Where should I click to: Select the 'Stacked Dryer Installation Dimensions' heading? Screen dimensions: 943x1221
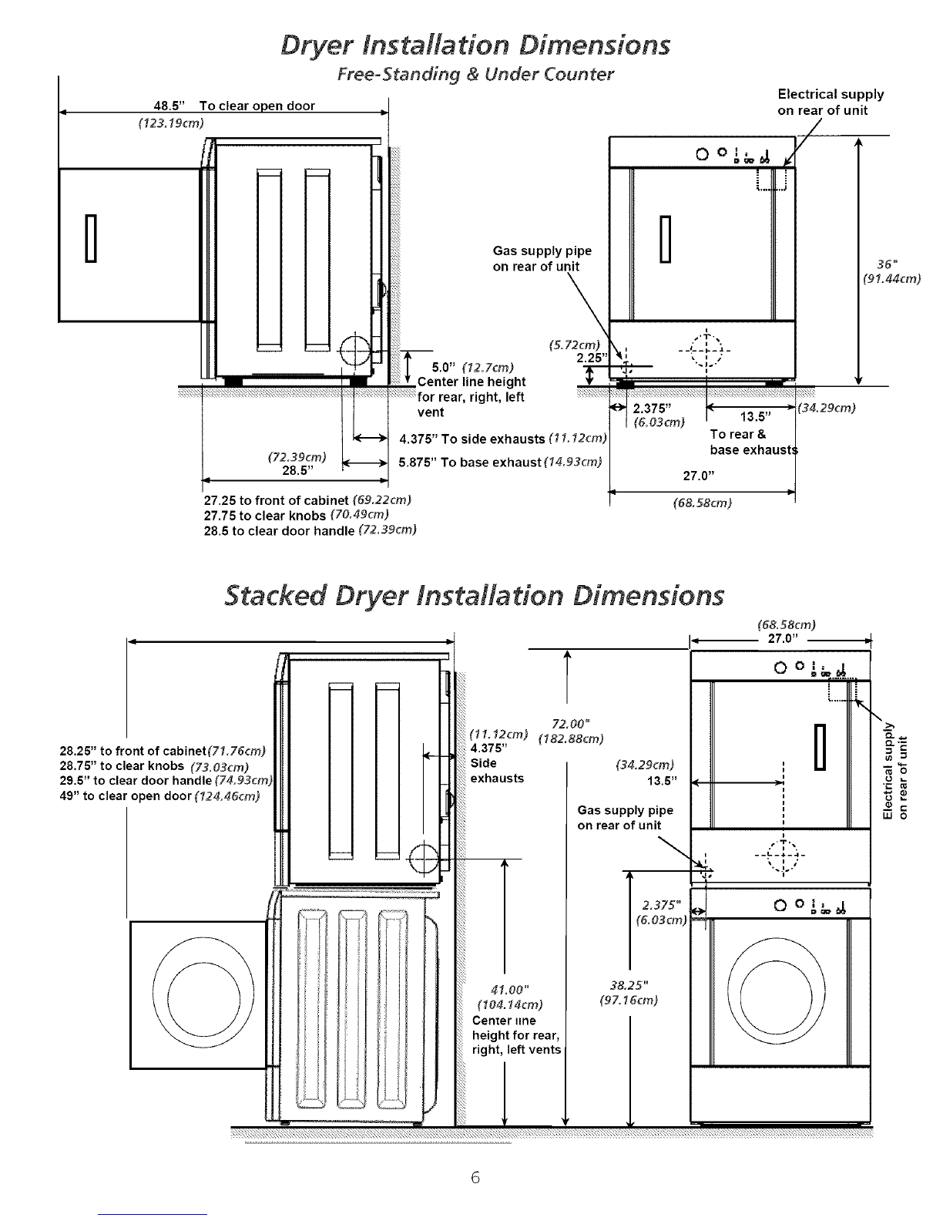pos(474,596)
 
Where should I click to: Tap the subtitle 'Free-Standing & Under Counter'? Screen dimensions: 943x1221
pos(475,74)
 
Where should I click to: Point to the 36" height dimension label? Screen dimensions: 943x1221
pos(887,264)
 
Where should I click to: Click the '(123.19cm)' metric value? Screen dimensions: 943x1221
pos(171,123)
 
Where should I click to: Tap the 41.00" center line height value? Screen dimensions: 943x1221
pos(509,990)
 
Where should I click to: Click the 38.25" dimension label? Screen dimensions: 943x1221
pos(629,985)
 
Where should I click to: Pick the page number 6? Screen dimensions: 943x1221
pos(475,1177)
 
